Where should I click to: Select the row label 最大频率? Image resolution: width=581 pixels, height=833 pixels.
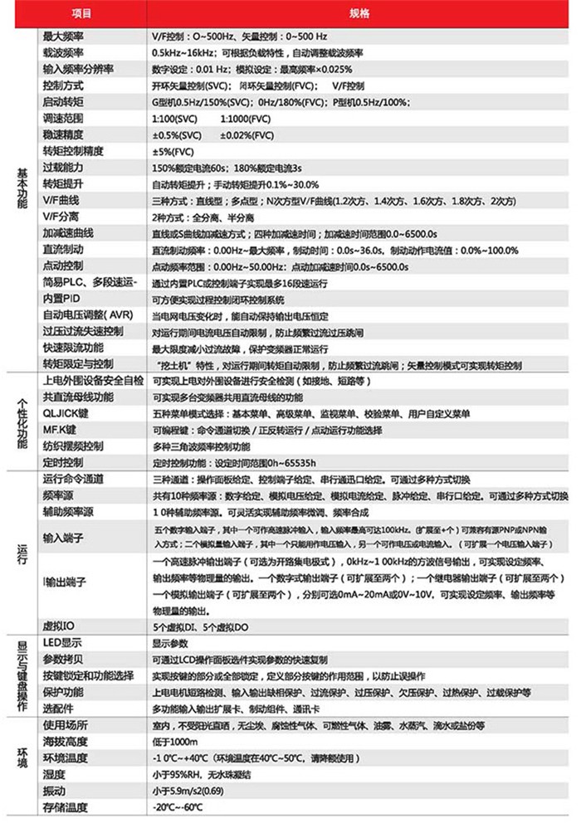(x=69, y=37)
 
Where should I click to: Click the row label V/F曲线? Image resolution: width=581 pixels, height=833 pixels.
(x=66, y=200)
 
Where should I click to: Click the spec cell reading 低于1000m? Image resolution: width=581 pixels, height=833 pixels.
(x=174, y=741)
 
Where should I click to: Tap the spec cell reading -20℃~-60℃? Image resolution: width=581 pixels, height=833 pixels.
(x=179, y=807)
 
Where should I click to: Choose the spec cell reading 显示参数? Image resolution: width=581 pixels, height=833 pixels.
(x=171, y=643)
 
